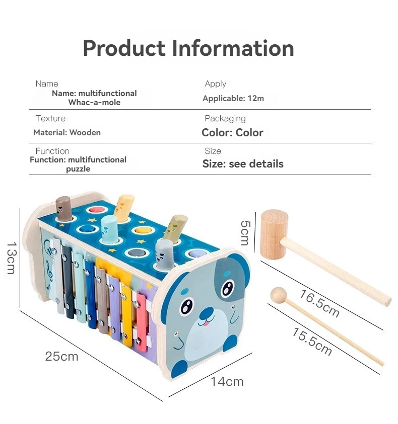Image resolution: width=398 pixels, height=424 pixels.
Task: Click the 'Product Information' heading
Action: pos(188,48)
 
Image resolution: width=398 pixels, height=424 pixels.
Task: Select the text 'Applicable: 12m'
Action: pos(233,99)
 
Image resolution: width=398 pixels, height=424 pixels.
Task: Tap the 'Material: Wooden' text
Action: pos(67,133)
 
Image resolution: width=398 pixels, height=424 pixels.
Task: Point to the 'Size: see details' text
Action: pos(243,164)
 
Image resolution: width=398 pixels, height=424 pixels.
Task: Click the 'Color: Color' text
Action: pos(232,133)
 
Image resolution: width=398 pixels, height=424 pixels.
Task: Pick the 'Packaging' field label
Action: pos(225,119)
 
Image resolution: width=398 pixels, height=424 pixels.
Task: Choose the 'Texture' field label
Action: pos(50,119)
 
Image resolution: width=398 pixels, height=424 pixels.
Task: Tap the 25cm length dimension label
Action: pos(61,357)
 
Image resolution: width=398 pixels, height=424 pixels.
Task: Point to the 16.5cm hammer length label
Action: pos(319,303)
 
